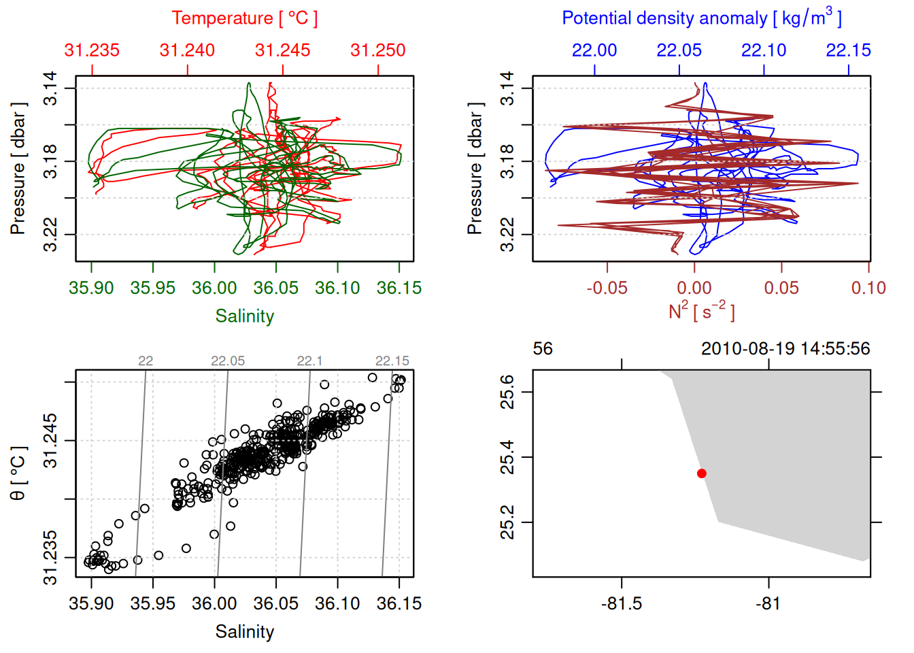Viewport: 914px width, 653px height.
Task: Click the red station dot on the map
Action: coord(701,473)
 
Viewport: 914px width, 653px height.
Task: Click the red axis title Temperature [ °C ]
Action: coord(244,18)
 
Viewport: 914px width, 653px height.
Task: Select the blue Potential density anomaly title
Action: coord(701,18)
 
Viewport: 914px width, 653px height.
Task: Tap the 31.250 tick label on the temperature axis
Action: coord(377,50)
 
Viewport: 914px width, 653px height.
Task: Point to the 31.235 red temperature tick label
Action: coord(92,50)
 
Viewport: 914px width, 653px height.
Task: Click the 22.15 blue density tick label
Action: coord(848,50)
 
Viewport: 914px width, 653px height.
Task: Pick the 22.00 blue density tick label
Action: coord(594,50)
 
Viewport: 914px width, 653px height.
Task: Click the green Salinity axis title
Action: coord(244,316)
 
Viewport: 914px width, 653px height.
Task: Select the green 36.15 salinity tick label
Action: coord(399,288)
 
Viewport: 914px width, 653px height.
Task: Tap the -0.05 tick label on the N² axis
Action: coord(607,288)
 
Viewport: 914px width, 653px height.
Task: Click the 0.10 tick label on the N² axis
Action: coord(868,288)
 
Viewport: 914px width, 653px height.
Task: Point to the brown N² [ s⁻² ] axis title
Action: coord(701,312)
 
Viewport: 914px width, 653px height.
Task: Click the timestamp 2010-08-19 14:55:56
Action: coord(785,349)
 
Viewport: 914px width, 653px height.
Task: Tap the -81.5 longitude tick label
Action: coord(622,604)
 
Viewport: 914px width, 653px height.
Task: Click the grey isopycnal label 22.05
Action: coord(227,361)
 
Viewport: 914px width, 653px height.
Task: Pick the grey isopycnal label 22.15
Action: coord(392,361)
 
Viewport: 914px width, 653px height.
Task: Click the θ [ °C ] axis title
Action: coord(18,473)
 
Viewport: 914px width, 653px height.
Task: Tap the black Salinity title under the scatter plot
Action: coord(244,632)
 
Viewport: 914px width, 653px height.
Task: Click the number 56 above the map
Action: coord(543,349)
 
